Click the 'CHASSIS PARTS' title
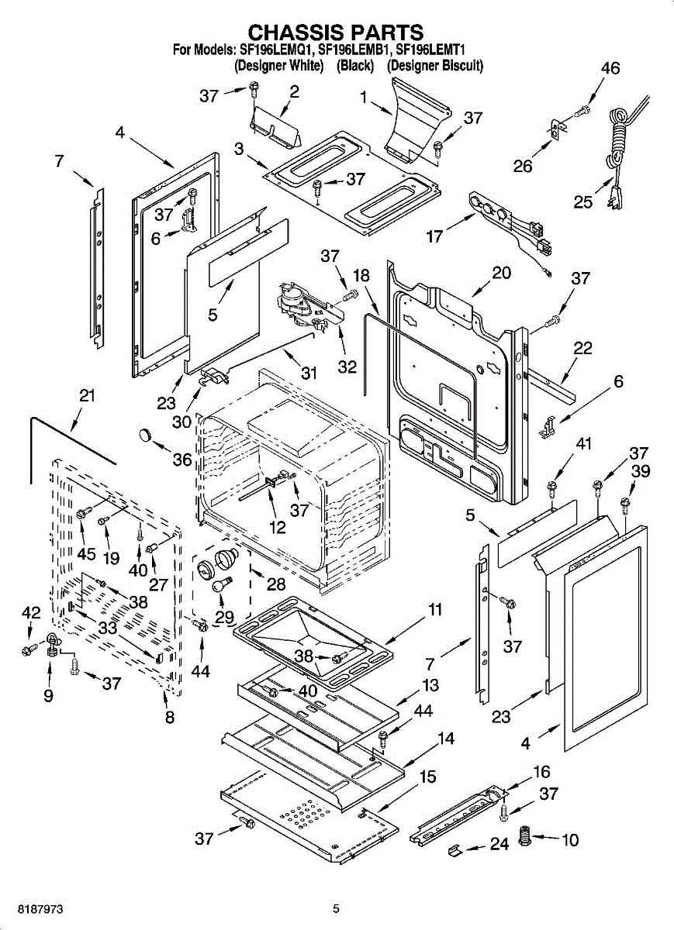tap(335, 32)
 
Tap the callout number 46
tap(610, 68)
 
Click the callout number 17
tap(434, 236)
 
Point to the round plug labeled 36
tap(146, 436)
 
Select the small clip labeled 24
tap(455, 850)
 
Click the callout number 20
tap(502, 273)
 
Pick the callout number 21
tap(88, 396)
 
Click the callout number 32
tap(347, 367)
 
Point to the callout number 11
tap(435, 610)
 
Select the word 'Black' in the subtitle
tap(355, 66)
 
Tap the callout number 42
tap(31, 613)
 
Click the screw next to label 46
tap(582, 112)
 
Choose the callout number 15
tap(427, 777)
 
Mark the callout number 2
tap(294, 91)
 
